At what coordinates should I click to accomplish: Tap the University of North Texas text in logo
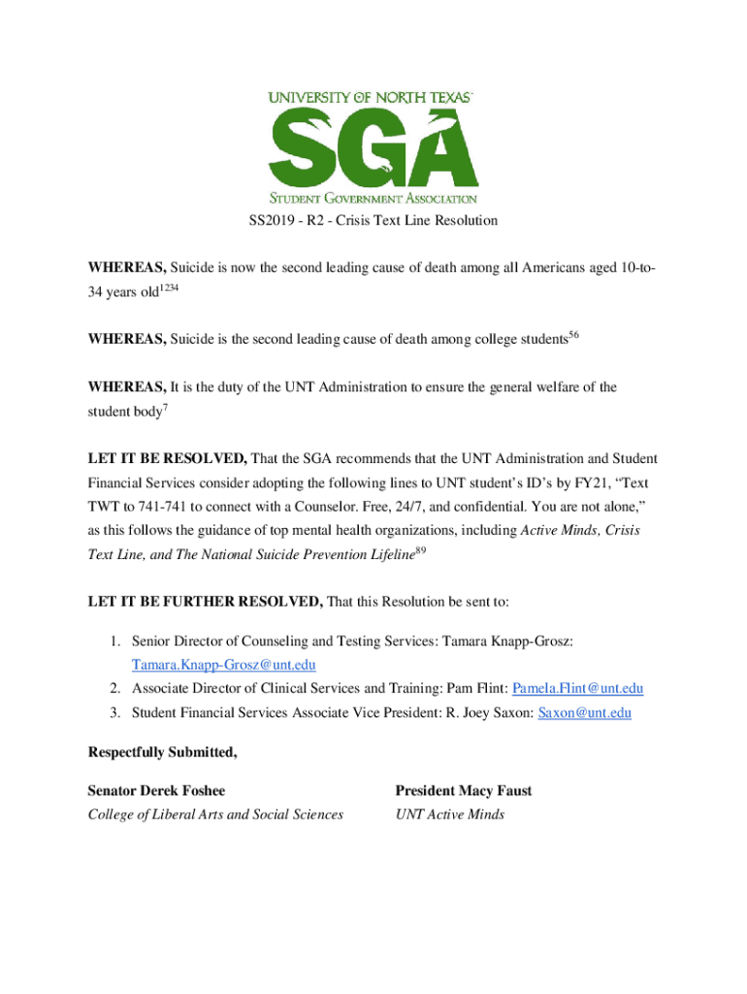tap(371, 97)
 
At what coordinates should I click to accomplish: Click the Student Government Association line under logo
tap(373, 198)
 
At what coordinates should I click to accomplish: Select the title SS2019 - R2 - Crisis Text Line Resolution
tap(373, 220)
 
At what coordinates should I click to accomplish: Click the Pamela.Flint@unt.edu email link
tap(577, 688)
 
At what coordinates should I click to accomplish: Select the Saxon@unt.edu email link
tap(584, 712)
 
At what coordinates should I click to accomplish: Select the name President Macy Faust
tap(463, 790)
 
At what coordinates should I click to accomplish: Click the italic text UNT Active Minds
tap(449, 814)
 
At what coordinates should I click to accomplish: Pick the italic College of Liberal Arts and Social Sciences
tap(215, 814)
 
